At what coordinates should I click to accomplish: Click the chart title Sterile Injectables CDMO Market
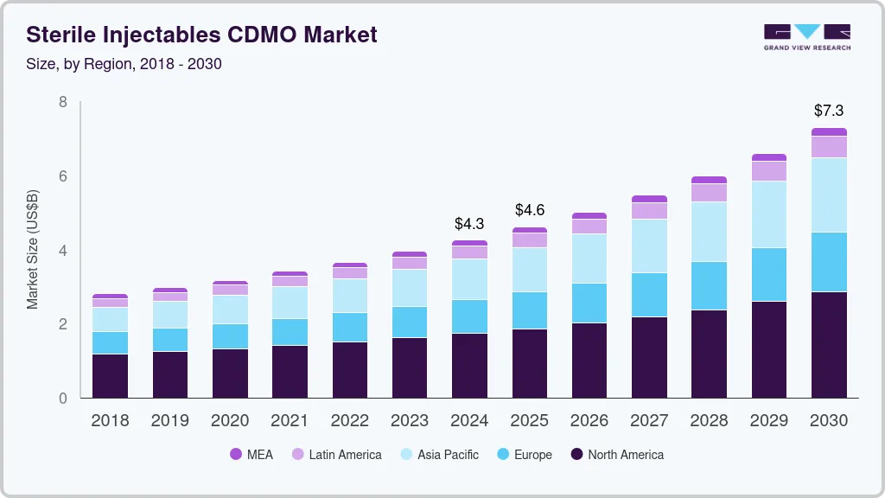pyautogui.click(x=201, y=35)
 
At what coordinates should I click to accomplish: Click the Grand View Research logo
pyautogui.click(x=807, y=36)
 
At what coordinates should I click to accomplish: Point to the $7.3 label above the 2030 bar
pyautogui.click(x=828, y=111)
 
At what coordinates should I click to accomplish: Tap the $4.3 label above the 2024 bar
pyautogui.click(x=469, y=223)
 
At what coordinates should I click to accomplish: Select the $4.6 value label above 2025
pyautogui.click(x=529, y=210)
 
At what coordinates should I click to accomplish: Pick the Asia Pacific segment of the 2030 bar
pyautogui.click(x=828, y=195)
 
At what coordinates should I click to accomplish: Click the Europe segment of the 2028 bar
pyautogui.click(x=709, y=285)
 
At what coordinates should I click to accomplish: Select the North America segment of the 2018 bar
pyautogui.click(x=111, y=375)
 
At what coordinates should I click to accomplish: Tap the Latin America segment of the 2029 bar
pyautogui.click(x=768, y=170)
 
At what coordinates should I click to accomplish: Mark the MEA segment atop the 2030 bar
pyautogui.click(x=828, y=131)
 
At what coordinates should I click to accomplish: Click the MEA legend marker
pyautogui.click(x=236, y=454)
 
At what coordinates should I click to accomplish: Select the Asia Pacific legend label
pyautogui.click(x=448, y=454)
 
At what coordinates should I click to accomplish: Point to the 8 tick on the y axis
pyautogui.click(x=62, y=102)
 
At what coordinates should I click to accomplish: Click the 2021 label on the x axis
pyautogui.click(x=290, y=421)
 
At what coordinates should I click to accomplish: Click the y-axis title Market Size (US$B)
pyautogui.click(x=33, y=249)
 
